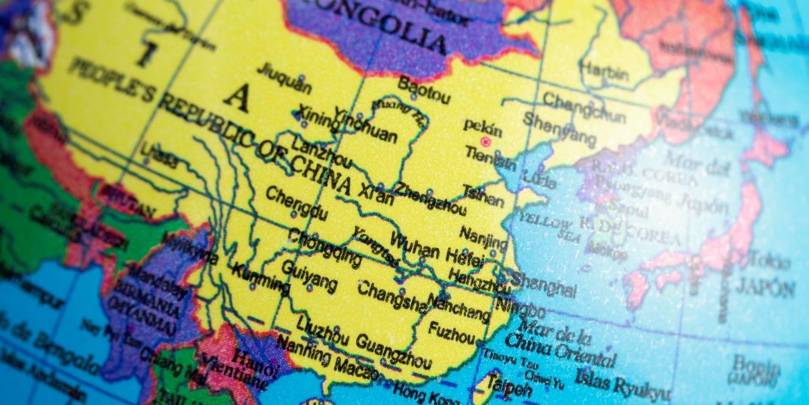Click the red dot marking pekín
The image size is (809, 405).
click(485, 142)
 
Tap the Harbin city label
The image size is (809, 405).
click(603, 69)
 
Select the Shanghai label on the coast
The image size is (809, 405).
click(545, 284)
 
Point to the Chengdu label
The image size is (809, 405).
click(297, 204)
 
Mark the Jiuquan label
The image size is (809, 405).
click(284, 79)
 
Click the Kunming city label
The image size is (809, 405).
click(261, 279)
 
